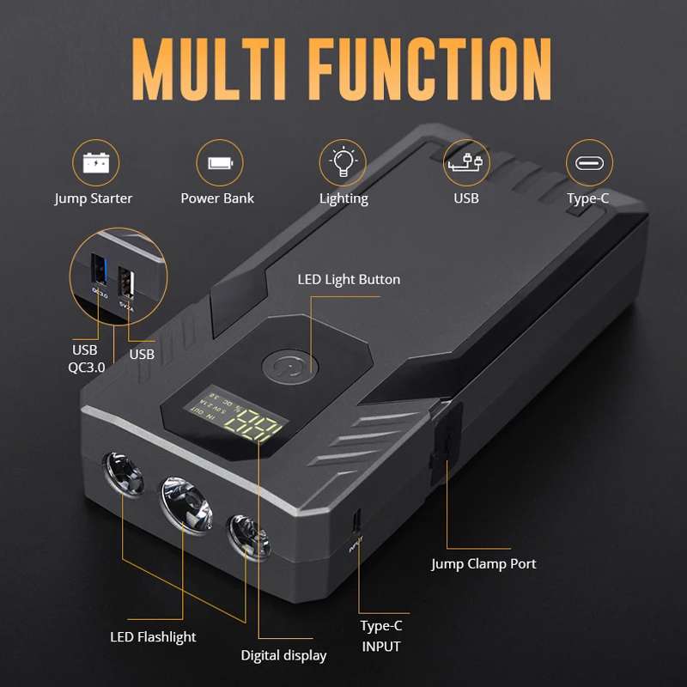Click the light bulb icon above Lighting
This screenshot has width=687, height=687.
click(343, 162)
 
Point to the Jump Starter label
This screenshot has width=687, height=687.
click(94, 198)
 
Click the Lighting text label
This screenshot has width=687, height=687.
click(343, 198)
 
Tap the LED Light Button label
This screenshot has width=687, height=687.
click(349, 279)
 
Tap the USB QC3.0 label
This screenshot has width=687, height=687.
click(85, 358)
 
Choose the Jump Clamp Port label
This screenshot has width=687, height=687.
click(483, 564)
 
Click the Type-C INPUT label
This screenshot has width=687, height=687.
click(380, 636)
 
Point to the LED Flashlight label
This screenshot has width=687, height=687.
click(153, 637)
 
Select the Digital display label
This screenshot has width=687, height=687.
click(283, 655)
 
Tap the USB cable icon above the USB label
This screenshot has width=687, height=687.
click(466, 162)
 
